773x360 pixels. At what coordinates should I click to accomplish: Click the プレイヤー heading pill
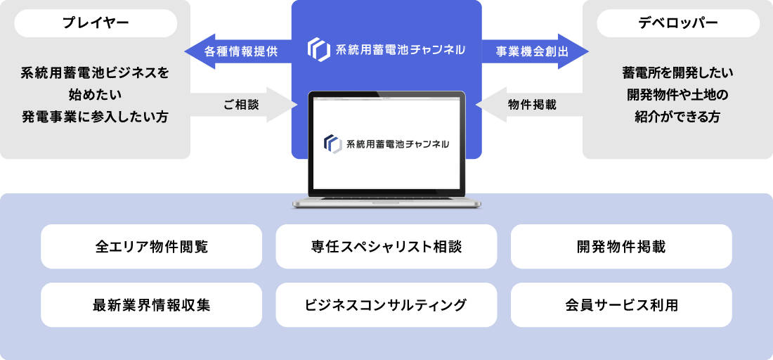[96, 23]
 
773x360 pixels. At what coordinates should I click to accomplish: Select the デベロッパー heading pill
[677, 23]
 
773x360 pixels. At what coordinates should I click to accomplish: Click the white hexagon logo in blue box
[319, 50]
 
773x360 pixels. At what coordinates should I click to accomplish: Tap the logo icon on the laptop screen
[332, 143]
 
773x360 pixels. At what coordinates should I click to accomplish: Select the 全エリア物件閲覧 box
[151, 247]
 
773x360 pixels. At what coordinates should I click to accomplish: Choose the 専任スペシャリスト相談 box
[386, 247]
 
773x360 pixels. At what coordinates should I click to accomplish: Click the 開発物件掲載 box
[621, 247]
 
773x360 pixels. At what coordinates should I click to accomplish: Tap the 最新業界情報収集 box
[151, 305]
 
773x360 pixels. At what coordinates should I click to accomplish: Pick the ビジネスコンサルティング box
[386, 305]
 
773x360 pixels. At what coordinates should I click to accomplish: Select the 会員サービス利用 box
[621, 305]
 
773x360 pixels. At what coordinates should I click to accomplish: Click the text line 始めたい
[95, 94]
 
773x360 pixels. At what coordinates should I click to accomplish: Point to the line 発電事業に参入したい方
[95, 116]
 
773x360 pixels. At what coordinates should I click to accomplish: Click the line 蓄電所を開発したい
[677, 72]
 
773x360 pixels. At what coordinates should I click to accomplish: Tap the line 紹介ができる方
[677, 117]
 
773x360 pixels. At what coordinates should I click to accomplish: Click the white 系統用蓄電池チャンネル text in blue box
[400, 50]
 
